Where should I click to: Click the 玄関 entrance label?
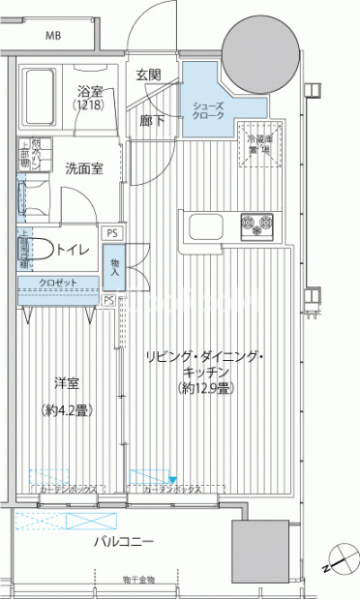pos(148,75)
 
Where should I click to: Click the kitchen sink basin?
pos(206,227)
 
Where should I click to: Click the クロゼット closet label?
pos(53,284)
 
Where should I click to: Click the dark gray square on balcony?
pos(258,551)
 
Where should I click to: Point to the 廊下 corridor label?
pos(151,121)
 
